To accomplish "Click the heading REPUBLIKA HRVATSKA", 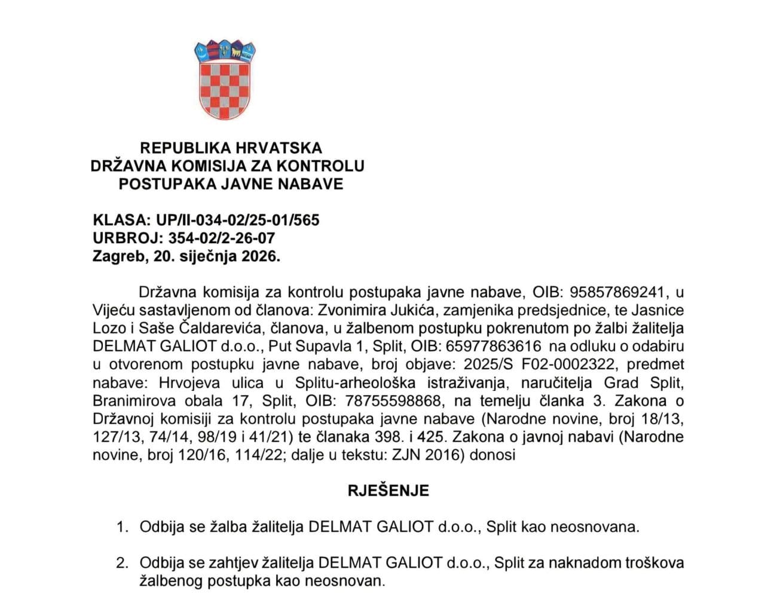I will [231, 148].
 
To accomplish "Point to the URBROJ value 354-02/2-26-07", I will [221, 238].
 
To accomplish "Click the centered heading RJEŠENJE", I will [389, 491].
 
